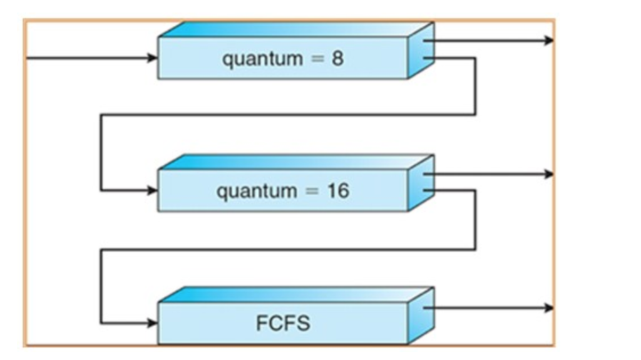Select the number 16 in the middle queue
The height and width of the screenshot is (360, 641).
tap(337, 190)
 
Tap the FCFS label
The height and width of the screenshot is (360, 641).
tap(283, 324)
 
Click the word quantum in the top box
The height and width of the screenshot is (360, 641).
tap(254, 59)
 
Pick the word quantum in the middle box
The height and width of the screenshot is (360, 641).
tap(249, 190)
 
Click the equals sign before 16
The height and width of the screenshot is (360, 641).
tap(308, 191)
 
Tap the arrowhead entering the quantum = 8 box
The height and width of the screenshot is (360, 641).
tap(153, 58)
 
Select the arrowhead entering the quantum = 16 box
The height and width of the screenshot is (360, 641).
tap(153, 190)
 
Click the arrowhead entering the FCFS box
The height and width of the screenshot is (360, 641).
tap(153, 323)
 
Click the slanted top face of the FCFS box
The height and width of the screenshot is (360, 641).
tap(294, 294)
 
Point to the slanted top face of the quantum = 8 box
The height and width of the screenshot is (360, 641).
tap(294, 29)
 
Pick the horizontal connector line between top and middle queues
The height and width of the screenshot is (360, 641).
tap(288, 115)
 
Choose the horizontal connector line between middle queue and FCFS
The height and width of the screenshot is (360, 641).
tap(288, 250)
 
